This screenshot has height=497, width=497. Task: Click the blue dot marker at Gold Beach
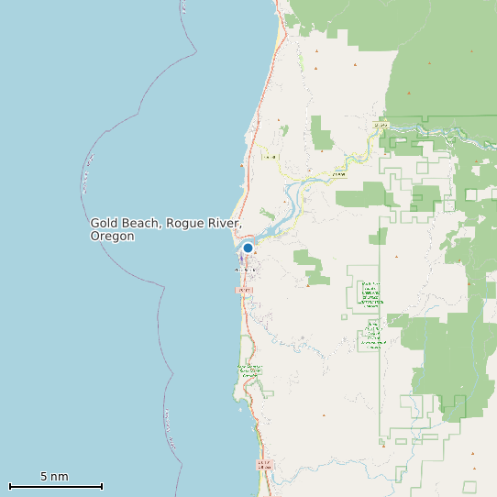point(248,248)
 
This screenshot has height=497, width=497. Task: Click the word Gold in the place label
point(105,223)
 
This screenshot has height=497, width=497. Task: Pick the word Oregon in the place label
point(112,237)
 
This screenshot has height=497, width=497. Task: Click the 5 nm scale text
point(54,477)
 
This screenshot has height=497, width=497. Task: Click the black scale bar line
point(55,486)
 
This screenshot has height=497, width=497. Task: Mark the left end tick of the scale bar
point(9,486)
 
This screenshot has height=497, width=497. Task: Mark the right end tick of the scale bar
point(102,486)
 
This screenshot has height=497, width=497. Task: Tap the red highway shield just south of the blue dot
point(243,290)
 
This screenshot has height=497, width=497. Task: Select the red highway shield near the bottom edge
point(264,464)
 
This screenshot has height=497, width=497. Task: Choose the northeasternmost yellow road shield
point(381,124)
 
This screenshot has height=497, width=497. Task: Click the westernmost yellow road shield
point(270,157)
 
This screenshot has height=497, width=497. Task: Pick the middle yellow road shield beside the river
point(338,172)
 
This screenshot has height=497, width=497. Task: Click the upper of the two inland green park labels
point(370,292)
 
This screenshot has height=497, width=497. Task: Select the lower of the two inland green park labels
point(372,335)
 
